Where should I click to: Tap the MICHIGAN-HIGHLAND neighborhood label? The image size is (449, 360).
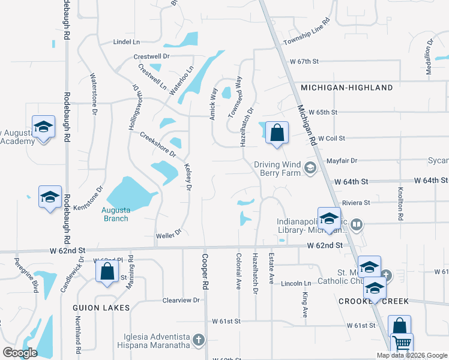tap(347, 88)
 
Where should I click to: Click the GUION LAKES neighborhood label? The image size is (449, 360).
tap(101, 308)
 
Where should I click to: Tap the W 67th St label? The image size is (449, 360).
tap(303, 61)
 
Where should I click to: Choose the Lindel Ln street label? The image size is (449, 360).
tap(127, 42)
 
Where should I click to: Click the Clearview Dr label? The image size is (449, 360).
tap(181, 300)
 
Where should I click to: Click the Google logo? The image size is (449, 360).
tap(20, 353)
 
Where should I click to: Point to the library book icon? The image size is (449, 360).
tap(357, 225)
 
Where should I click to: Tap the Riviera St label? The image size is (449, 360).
tap(356, 203)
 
